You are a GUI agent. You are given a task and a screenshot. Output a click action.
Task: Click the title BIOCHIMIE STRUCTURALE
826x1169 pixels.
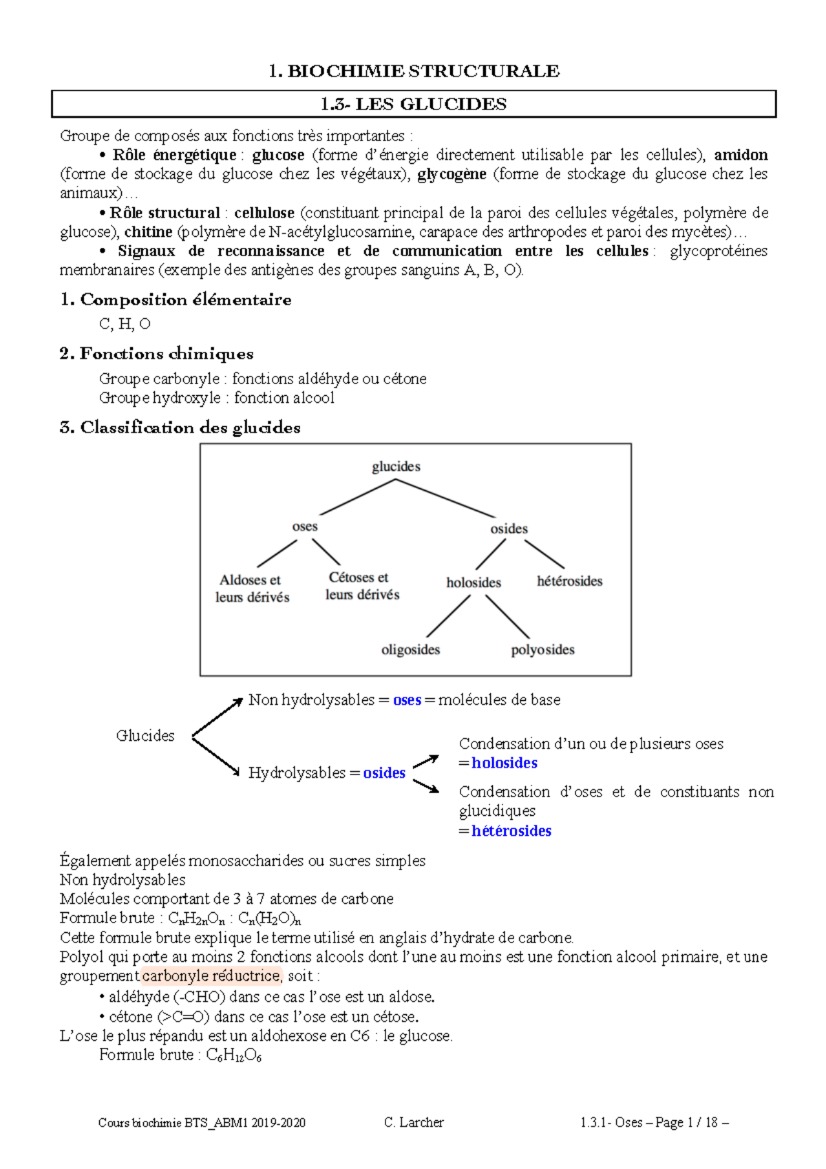click(414, 71)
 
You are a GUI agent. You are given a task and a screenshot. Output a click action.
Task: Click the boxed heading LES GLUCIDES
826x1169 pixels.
click(414, 105)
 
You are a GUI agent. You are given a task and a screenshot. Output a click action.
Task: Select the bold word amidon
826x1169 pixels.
click(741, 155)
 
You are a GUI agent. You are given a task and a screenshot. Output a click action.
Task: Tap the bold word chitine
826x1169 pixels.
click(148, 232)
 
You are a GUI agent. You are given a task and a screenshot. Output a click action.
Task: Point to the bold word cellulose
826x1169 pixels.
click(264, 213)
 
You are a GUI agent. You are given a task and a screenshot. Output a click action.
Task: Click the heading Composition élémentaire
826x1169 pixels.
click(176, 299)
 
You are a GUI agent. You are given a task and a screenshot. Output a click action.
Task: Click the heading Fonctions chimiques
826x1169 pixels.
click(157, 354)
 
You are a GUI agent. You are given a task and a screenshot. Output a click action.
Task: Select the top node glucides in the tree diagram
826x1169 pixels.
click(396, 467)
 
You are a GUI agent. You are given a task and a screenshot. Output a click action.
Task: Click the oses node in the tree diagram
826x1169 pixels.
click(304, 527)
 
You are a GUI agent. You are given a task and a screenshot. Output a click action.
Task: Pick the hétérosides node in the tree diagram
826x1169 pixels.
click(569, 581)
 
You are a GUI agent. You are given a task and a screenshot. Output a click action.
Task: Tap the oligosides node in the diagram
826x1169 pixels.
click(410, 650)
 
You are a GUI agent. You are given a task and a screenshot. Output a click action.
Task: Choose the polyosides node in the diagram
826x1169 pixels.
click(542, 650)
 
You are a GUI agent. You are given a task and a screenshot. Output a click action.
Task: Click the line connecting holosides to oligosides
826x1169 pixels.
click(448, 616)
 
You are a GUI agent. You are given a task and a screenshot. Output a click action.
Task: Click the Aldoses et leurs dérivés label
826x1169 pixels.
click(252, 589)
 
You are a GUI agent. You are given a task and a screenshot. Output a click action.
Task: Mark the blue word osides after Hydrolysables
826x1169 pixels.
click(384, 773)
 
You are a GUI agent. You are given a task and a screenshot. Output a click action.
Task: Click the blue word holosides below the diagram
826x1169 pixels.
click(505, 763)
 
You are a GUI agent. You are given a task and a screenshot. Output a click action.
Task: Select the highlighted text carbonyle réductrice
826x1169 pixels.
click(212, 976)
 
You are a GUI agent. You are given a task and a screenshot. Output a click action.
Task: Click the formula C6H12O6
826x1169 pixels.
click(234, 1055)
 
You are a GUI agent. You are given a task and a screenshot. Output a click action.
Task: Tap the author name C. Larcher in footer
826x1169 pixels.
click(414, 1122)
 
